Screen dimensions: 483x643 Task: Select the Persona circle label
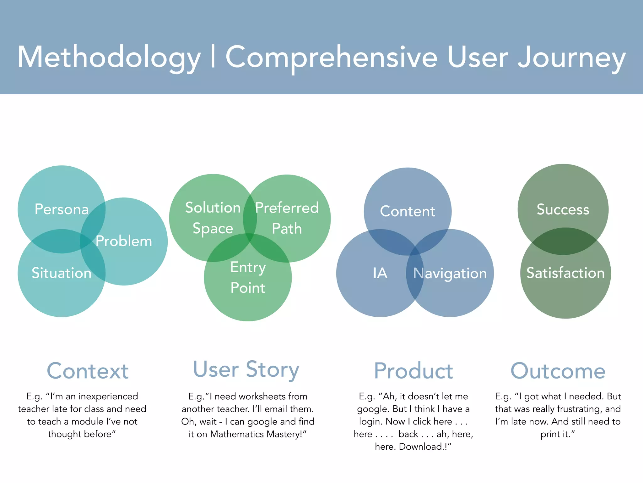[62, 209]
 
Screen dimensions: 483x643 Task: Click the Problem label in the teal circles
[124, 241]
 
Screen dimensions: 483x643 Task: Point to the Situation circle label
[62, 273]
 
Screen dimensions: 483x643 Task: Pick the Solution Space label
[213, 218]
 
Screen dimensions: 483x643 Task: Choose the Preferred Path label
[287, 218]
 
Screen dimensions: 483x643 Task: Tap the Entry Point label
[248, 277]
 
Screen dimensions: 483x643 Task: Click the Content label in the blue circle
[408, 211]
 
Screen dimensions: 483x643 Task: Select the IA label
[380, 273]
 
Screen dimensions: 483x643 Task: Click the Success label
[563, 209]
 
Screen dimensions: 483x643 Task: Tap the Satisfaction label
[565, 273]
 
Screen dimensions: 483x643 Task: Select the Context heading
[88, 371]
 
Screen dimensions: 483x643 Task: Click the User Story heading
[246, 370]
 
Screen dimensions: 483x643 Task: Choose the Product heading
[413, 371]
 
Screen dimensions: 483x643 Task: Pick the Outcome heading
[558, 371]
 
